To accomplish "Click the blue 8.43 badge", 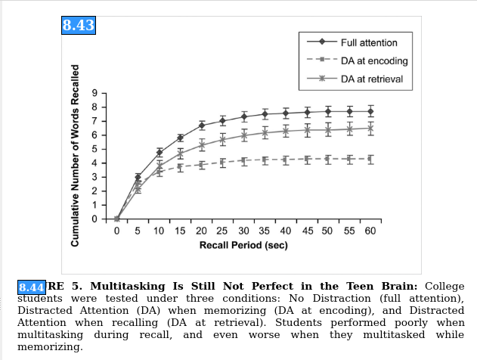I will [x=78, y=25].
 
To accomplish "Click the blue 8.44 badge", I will [x=32, y=287].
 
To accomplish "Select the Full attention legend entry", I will [x=368, y=43].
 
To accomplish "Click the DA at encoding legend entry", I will [x=373, y=61].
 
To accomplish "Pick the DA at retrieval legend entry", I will [x=371, y=79].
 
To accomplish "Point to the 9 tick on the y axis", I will [x=94, y=92].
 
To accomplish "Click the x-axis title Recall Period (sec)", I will [x=243, y=246].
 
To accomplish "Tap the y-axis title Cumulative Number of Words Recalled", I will [x=76, y=166].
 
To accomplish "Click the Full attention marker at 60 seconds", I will [x=370, y=111].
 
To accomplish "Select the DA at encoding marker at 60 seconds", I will [x=370, y=159].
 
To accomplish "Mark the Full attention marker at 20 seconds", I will [x=202, y=126].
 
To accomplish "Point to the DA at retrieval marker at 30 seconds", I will [x=244, y=136].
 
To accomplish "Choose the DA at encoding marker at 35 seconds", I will [x=265, y=160].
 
